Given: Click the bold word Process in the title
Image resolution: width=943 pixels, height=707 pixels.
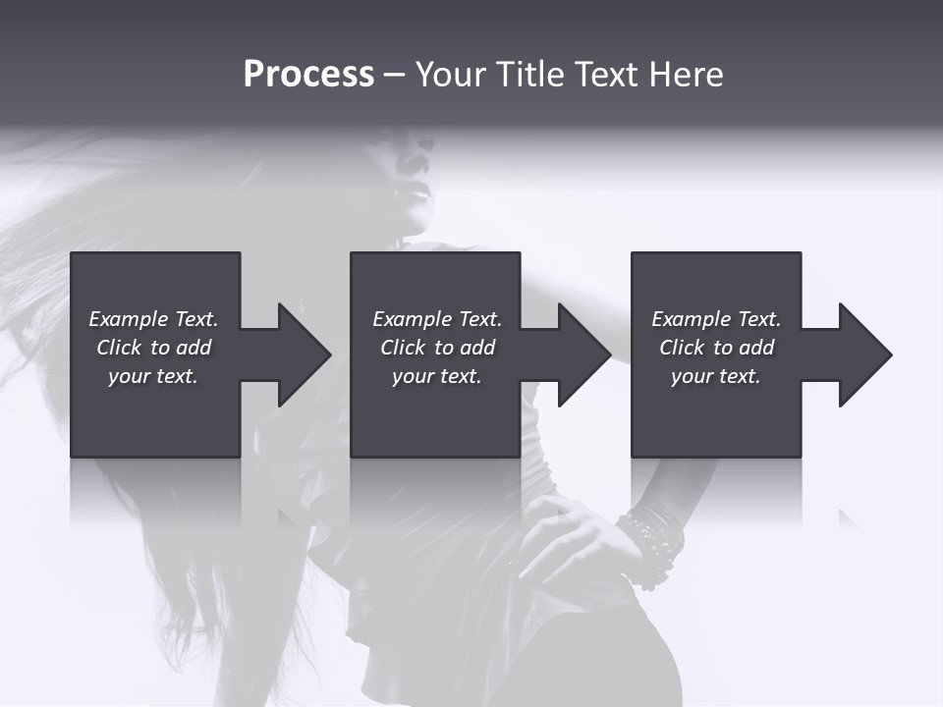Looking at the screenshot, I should pyautogui.click(x=308, y=75).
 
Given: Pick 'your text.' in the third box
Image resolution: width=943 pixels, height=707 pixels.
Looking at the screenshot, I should pyautogui.click(x=715, y=376).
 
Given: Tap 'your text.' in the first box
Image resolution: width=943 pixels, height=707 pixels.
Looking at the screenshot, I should pyautogui.click(x=153, y=376).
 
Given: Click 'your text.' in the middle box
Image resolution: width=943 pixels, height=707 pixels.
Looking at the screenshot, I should pyautogui.click(x=436, y=376).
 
